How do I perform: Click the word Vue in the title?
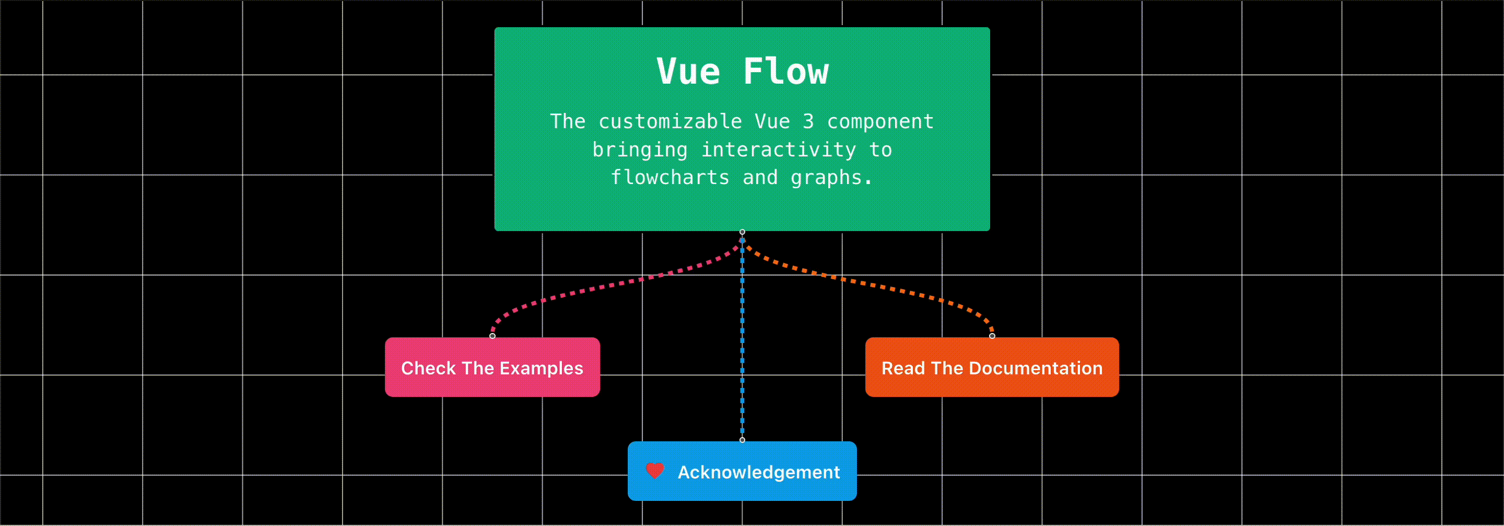pos(688,72)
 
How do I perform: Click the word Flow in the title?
pos(785,72)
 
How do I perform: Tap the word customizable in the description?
pos(669,121)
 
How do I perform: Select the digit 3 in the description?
pos(808,121)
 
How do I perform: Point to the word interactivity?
pos(778,150)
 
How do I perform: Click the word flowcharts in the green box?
pos(669,177)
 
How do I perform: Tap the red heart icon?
pos(655,471)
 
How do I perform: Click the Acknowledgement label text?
pos(758,472)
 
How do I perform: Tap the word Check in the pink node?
pos(428,368)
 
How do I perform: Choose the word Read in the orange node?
pos(902,368)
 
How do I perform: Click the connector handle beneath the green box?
pos(742,232)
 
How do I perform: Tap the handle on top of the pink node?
pos(492,336)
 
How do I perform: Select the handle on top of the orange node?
pos(992,336)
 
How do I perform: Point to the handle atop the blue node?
pos(742,440)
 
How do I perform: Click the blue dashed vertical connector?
pos(742,351)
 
